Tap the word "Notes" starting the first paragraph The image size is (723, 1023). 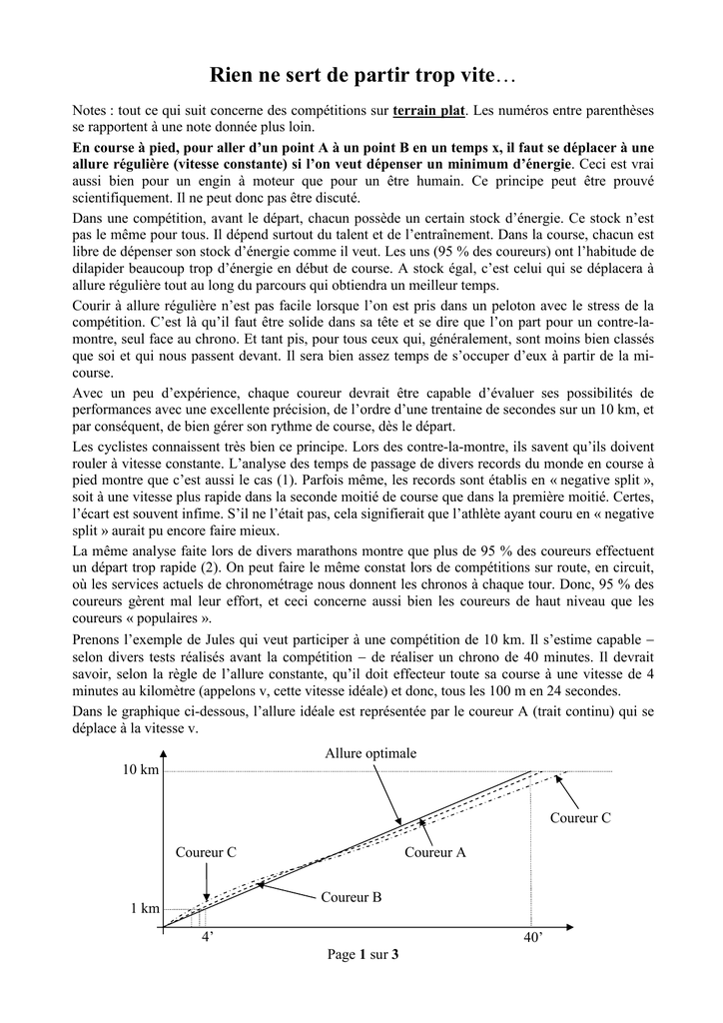point(92,109)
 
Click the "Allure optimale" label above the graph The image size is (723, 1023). point(370,753)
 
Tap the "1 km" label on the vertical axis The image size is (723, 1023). point(145,909)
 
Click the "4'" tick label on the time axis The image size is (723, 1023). point(207,938)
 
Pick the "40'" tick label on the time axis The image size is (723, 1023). point(533,938)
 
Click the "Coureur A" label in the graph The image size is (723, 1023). point(435,853)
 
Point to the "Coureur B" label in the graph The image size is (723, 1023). point(352,897)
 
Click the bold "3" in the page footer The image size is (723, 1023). point(395,955)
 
